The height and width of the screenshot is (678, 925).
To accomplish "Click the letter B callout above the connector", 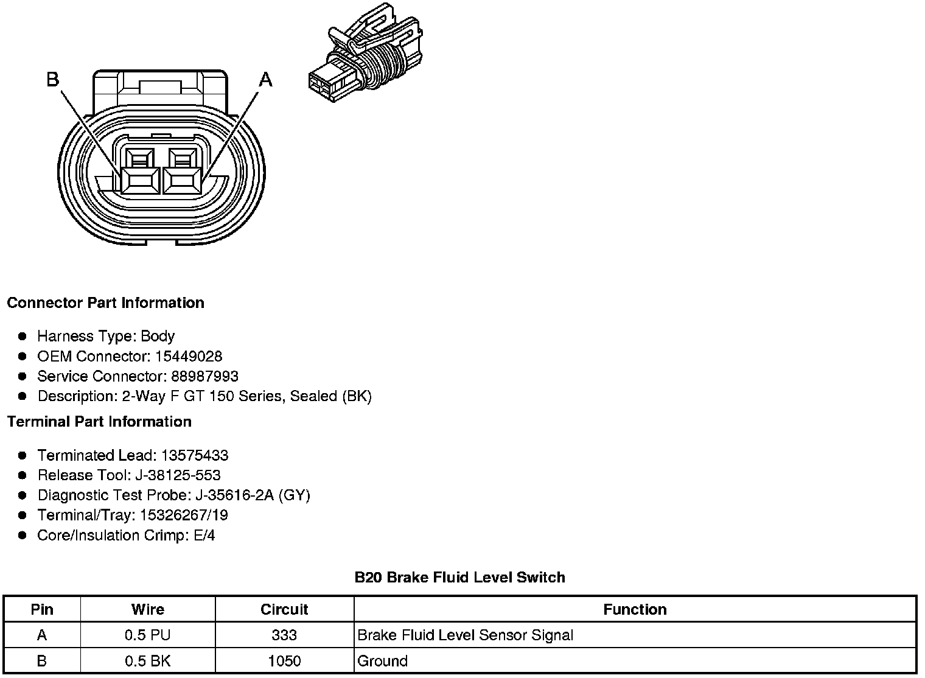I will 53,79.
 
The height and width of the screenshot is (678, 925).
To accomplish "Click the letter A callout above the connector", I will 266,79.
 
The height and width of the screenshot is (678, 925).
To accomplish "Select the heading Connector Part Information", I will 105,303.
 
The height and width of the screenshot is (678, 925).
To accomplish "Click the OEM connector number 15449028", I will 188,356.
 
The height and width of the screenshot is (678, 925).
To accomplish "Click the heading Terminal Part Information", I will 99,422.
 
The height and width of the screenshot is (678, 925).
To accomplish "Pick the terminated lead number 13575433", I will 194,455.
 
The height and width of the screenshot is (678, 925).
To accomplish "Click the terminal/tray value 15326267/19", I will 184,515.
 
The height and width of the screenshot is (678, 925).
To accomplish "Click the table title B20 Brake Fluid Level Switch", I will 459,577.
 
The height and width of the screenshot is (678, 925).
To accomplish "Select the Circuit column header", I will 284,609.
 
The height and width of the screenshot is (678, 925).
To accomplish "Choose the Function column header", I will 635,609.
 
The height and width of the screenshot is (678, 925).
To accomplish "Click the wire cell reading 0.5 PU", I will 147,635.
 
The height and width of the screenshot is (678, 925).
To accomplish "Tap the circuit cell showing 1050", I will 284,661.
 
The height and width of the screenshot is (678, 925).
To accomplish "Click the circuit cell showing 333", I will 284,635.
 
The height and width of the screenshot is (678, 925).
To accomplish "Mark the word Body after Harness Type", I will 158,336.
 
